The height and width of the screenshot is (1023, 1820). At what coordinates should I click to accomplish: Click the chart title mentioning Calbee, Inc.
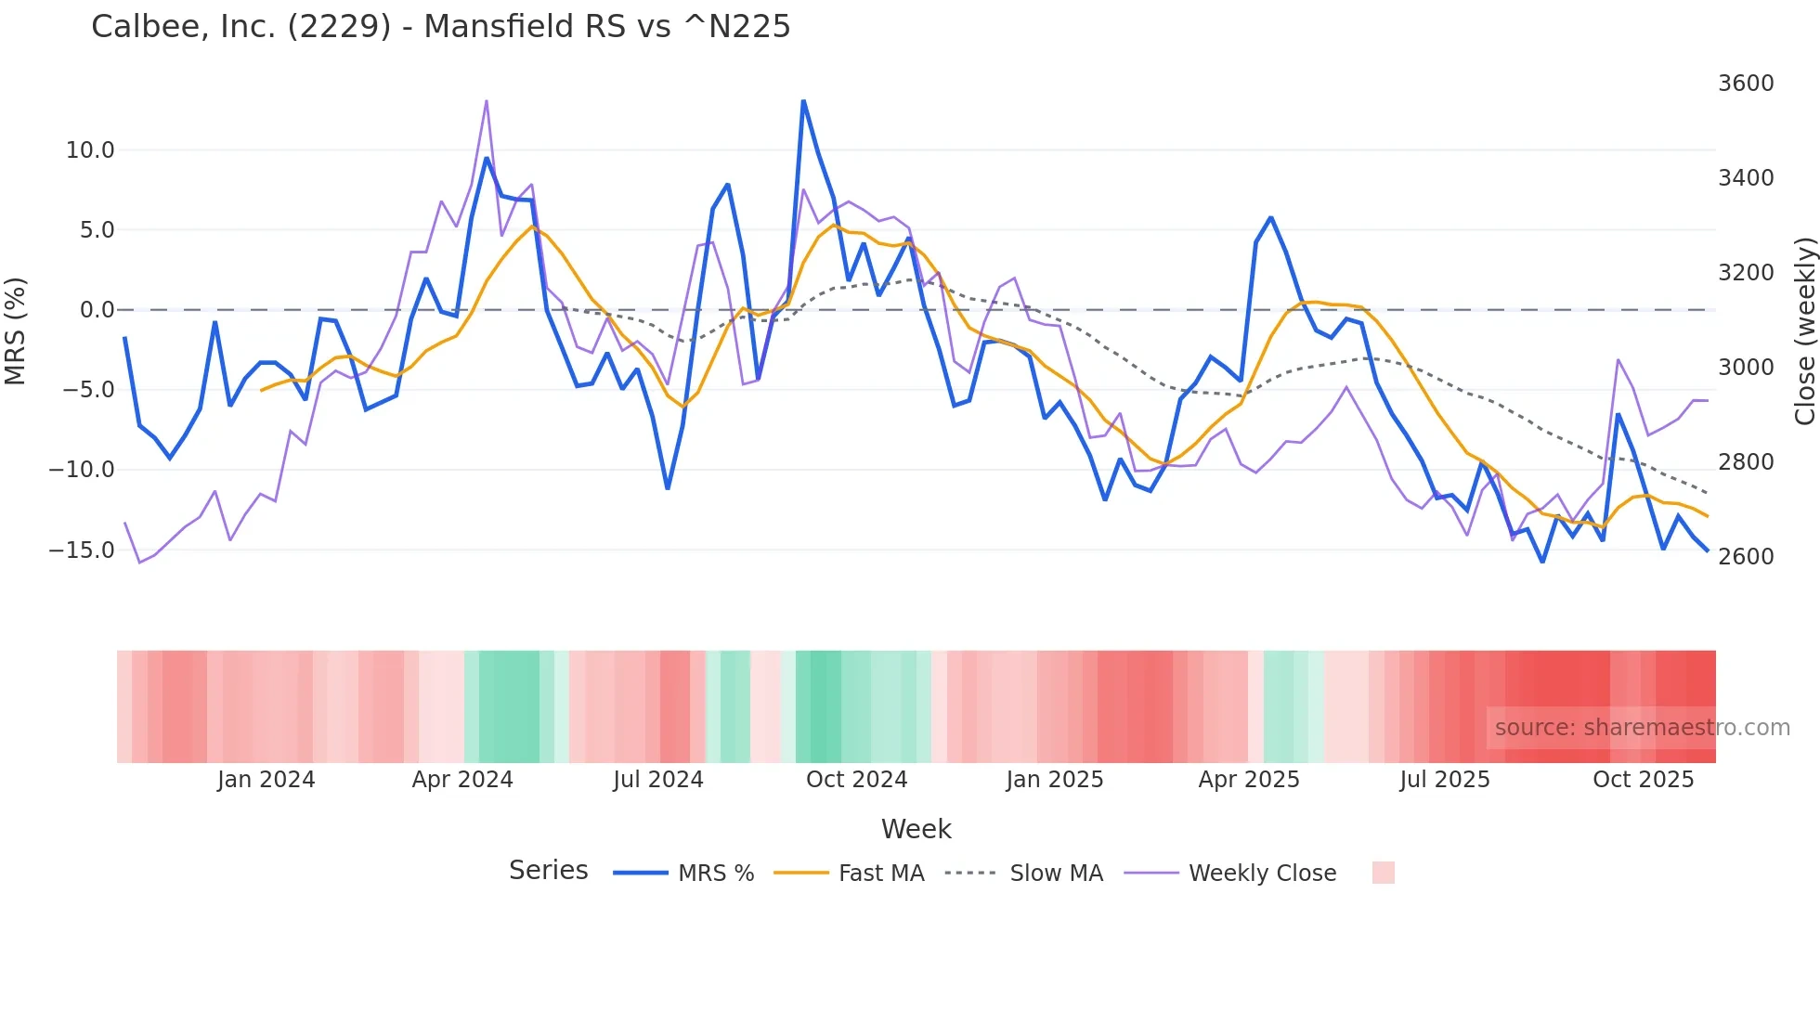pos(440,27)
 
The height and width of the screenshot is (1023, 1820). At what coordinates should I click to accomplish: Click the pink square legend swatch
pos(1383,873)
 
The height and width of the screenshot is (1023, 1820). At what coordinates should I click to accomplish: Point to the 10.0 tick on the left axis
pos(90,150)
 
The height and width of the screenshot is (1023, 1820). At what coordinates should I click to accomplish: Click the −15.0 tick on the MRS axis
pos(82,550)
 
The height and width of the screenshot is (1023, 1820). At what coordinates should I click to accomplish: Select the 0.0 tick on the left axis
pos(97,310)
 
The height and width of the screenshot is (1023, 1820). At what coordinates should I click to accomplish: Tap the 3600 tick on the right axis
pos(1746,84)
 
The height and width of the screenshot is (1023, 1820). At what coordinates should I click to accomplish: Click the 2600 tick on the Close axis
pos(1746,557)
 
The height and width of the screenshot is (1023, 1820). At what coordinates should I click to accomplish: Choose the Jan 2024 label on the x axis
pos(266,780)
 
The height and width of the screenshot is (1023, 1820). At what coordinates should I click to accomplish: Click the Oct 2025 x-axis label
pos(1643,780)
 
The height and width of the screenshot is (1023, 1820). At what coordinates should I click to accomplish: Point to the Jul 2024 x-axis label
pos(657,780)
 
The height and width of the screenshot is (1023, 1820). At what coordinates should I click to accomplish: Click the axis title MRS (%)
pos(16,330)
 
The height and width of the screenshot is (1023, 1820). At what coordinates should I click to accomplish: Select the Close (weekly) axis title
pos(1804,331)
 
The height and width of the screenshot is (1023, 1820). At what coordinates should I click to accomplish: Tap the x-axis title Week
pos(916,829)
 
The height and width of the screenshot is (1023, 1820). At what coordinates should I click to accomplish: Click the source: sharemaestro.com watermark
pos(1642,728)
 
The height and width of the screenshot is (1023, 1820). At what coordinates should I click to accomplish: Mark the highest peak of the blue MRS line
pos(803,100)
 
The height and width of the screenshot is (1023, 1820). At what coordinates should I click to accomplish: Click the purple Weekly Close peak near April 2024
pos(487,100)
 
